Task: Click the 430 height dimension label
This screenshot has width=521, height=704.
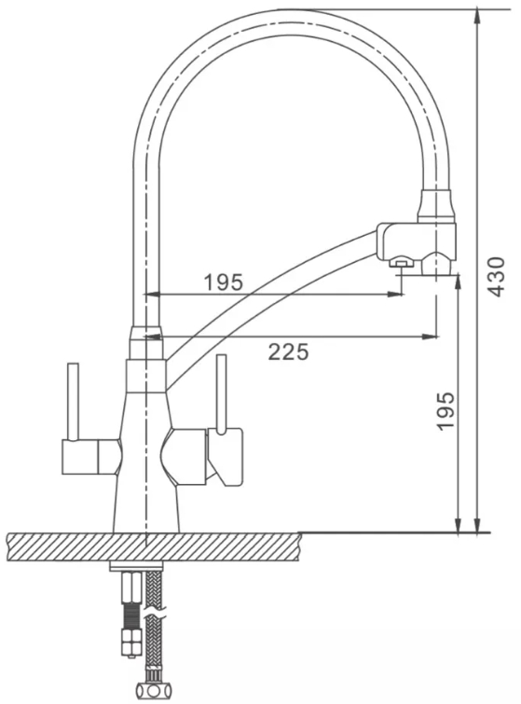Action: point(496,277)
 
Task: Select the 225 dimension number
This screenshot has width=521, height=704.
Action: point(289,352)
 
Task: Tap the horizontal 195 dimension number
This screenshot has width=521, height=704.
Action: point(223,282)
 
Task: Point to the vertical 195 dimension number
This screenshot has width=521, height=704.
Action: point(446,411)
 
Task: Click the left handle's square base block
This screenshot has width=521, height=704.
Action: point(79,456)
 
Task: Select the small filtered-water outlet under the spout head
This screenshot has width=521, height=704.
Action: point(401,262)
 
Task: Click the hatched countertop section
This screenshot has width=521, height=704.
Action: point(154,546)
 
